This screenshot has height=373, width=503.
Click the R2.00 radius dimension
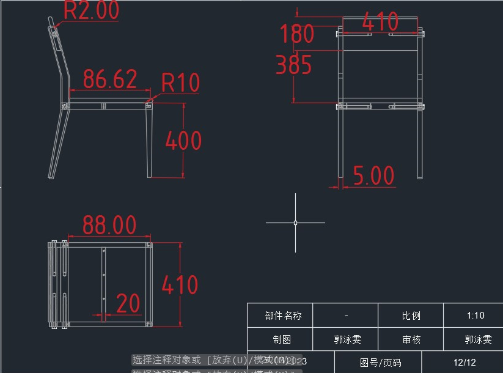pyautogui.click(x=91, y=10)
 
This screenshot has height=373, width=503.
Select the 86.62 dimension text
pyautogui.click(x=110, y=79)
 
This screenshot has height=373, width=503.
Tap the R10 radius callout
pyautogui.click(x=180, y=83)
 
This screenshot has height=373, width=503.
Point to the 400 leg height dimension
pyautogui.click(x=183, y=141)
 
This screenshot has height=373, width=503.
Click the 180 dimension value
pyautogui.click(x=297, y=34)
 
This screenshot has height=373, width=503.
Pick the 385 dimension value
pyautogui.click(x=294, y=65)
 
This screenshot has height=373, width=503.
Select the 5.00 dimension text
pyautogui.click(x=374, y=176)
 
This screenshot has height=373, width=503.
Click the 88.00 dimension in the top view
pyautogui.click(x=109, y=225)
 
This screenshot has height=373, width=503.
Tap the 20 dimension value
pyautogui.click(x=128, y=304)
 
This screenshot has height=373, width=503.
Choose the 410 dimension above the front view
pyautogui.click(x=380, y=23)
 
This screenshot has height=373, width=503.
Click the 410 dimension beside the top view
pyautogui.click(x=180, y=285)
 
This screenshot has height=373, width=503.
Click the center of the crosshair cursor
pyautogui.click(x=295, y=223)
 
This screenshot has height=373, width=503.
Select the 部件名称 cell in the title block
pyautogui.click(x=283, y=316)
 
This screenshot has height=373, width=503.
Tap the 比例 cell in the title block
pyautogui.click(x=411, y=316)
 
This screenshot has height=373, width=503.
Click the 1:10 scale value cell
pyautogui.click(x=475, y=316)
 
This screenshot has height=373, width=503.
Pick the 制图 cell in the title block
pyautogui.click(x=282, y=339)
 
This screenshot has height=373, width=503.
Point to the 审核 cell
pyautogui.click(x=411, y=339)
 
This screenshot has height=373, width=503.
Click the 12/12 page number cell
pyautogui.click(x=464, y=362)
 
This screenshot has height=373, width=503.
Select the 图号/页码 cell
pyautogui.click(x=380, y=362)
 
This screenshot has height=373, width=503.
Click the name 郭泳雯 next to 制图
pyautogui.click(x=347, y=339)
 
